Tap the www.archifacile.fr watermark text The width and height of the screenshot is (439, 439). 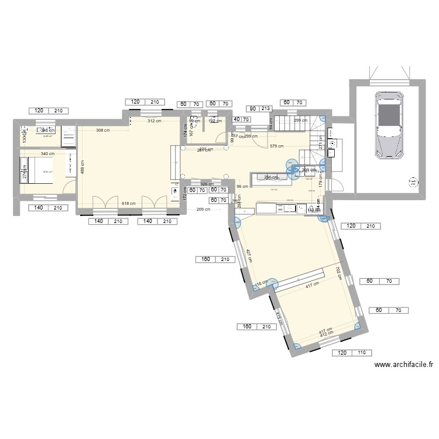tap(403, 364)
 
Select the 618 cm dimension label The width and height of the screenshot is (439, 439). tap(128, 204)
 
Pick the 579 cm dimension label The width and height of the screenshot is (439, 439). tap(277, 146)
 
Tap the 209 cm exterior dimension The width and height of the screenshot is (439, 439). tap(203, 210)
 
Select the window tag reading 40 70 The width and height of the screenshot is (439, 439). tap(241, 119)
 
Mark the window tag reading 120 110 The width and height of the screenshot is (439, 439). tap(353, 353)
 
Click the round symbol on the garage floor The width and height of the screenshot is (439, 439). tap(414, 181)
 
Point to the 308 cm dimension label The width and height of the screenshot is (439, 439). tap(103, 130)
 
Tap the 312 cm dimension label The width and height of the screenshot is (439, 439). tap(154, 121)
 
